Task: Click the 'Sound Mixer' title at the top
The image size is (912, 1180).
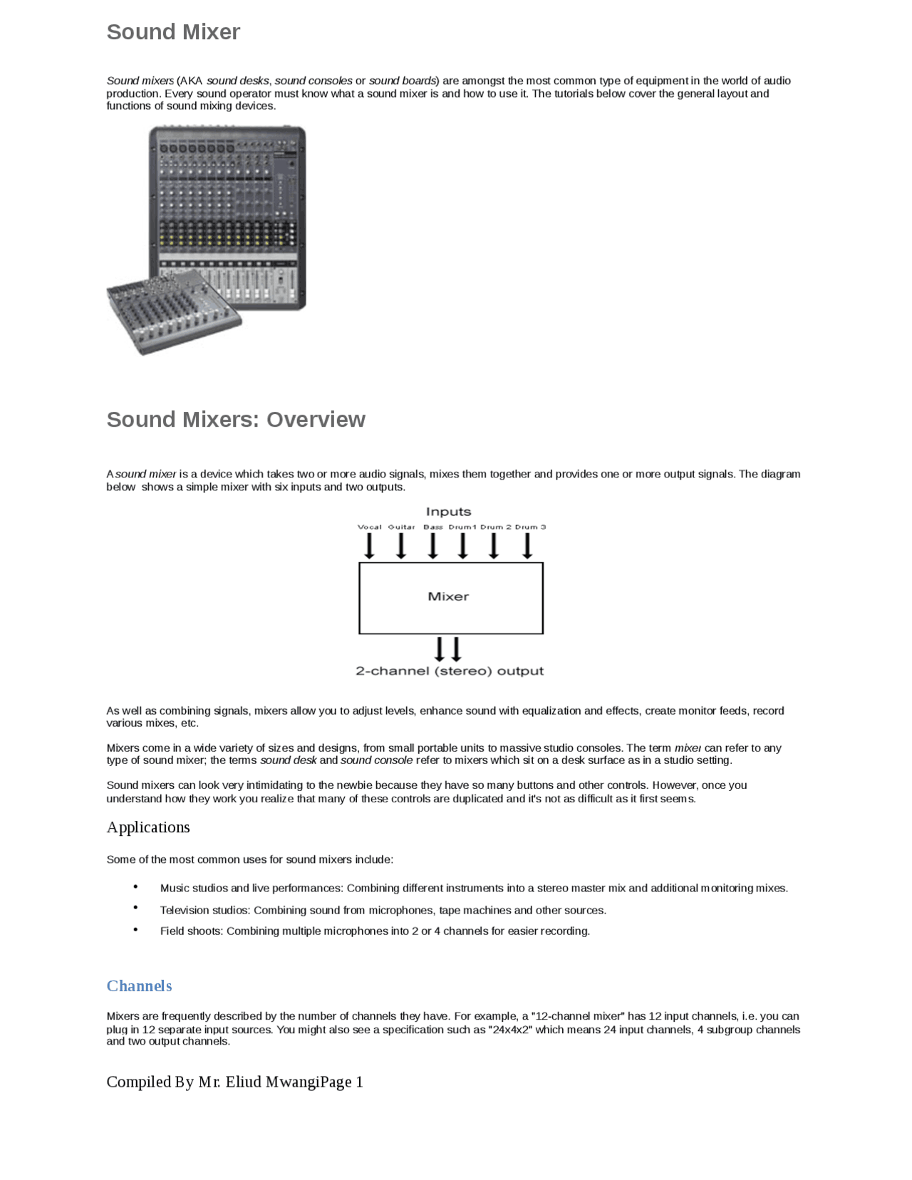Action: (x=173, y=32)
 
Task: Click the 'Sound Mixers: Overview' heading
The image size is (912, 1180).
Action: (x=236, y=420)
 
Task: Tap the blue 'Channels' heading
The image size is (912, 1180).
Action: (x=139, y=986)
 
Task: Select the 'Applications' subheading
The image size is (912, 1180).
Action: (x=148, y=827)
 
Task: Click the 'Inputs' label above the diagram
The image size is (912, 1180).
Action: (x=448, y=512)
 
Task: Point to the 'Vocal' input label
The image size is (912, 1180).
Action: (x=369, y=527)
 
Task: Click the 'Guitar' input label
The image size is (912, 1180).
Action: (x=401, y=527)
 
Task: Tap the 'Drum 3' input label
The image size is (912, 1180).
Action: (x=530, y=527)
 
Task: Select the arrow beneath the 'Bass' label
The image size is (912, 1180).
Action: (x=432, y=546)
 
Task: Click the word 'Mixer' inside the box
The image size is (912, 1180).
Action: (x=448, y=596)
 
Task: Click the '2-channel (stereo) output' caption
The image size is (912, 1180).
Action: (x=450, y=671)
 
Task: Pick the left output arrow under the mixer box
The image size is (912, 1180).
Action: (x=440, y=649)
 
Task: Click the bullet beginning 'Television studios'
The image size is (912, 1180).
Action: (x=383, y=911)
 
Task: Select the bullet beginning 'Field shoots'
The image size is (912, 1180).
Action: (x=375, y=931)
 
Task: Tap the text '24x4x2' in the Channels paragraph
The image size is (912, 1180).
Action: (x=511, y=1030)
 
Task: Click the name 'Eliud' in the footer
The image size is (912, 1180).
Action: (x=244, y=1082)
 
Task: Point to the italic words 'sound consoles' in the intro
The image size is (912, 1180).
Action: (x=313, y=81)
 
